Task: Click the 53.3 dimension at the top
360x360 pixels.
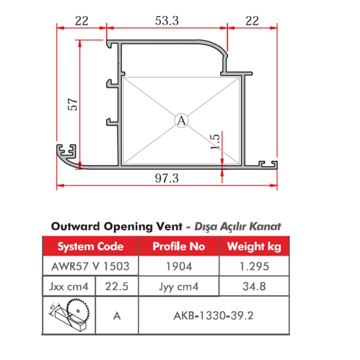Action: click(x=167, y=21)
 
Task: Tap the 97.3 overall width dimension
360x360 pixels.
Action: click(x=167, y=178)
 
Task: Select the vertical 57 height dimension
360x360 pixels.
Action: click(x=73, y=104)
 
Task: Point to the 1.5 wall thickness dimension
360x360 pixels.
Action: click(x=215, y=141)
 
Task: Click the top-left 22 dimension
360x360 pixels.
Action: click(x=81, y=21)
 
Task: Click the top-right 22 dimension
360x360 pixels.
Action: click(x=252, y=21)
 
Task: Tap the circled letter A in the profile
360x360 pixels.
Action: click(x=181, y=121)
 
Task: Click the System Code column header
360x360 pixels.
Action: click(x=90, y=246)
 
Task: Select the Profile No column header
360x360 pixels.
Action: click(x=179, y=246)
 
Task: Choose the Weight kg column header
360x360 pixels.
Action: click(x=254, y=247)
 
